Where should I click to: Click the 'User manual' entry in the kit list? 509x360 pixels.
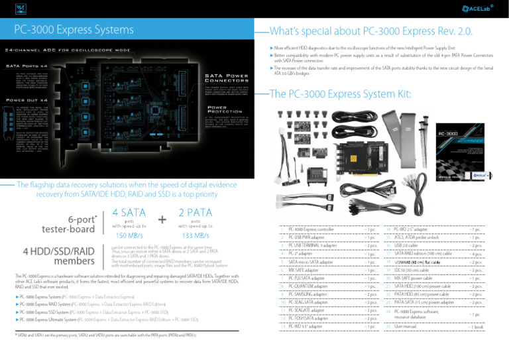pyautogui.click(x=407, y=328)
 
